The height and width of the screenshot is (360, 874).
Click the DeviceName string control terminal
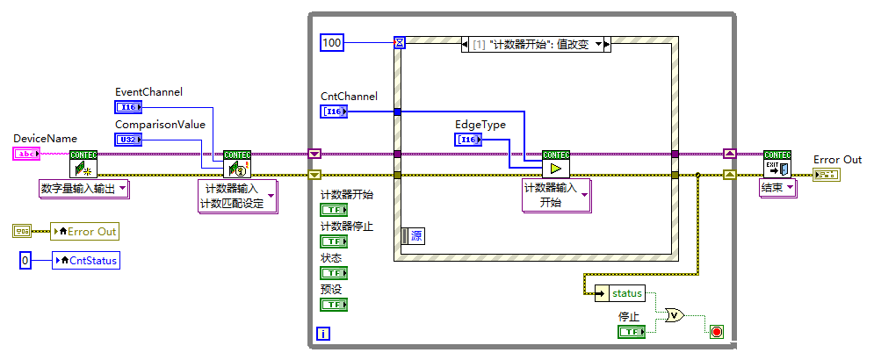pyautogui.click(x=26, y=154)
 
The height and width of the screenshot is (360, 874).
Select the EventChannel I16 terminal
pyautogui.click(x=127, y=106)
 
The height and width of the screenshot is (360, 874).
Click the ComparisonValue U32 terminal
pyautogui.click(x=127, y=139)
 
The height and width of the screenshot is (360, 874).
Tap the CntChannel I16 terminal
pyautogui.click(x=334, y=112)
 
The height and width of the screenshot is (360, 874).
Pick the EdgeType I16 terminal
pyautogui.click(x=467, y=139)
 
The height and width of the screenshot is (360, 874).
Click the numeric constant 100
pyautogui.click(x=331, y=41)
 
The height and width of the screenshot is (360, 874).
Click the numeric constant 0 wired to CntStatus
pyautogui.click(x=25, y=260)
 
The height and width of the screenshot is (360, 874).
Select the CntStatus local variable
pyautogui.click(x=86, y=260)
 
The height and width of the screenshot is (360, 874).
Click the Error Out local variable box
pyautogui.click(x=84, y=231)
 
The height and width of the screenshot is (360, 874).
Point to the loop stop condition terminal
pyautogui.click(x=716, y=331)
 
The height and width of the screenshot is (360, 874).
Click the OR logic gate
pyautogui.click(x=675, y=315)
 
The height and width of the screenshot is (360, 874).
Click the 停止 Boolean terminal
pyautogui.click(x=630, y=331)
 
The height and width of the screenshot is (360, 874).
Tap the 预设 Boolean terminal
pyautogui.click(x=333, y=304)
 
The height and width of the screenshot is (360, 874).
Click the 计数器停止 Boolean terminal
pyautogui.click(x=333, y=241)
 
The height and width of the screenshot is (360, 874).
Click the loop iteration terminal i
pyautogui.click(x=323, y=334)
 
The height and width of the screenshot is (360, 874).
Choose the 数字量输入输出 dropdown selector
pyautogui.click(x=84, y=187)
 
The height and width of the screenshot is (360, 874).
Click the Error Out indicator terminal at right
pyautogui.click(x=826, y=175)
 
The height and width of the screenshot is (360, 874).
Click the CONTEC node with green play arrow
pyautogui.click(x=555, y=163)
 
